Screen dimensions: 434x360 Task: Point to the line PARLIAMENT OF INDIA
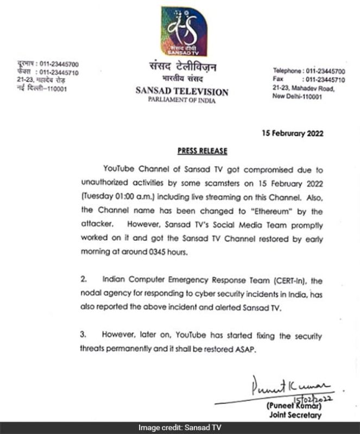(x=182, y=101)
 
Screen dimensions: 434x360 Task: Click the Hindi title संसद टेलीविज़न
(x=182, y=68)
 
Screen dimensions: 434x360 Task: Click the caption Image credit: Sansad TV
(x=180, y=428)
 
